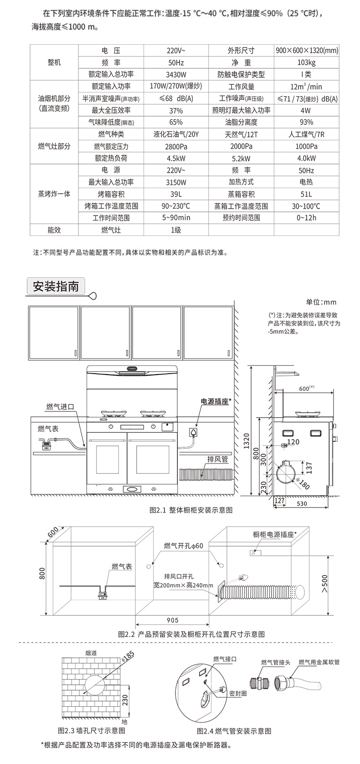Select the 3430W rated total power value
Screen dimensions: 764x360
tap(176, 74)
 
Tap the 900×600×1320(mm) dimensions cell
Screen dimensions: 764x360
tap(307, 51)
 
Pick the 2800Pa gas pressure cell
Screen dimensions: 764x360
tap(176, 146)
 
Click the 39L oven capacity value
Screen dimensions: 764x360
tap(176, 194)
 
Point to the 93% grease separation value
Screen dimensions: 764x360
tap(307, 122)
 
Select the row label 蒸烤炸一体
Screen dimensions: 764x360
tap(54, 194)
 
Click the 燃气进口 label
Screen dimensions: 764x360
tap(60, 406)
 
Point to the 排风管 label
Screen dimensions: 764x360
tap(217, 459)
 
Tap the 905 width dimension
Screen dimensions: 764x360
tap(173, 620)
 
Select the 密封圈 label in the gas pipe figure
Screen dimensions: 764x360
tap(238, 693)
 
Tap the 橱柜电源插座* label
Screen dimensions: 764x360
tap(274, 534)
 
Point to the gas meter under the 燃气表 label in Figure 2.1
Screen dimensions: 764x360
tap(46, 444)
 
